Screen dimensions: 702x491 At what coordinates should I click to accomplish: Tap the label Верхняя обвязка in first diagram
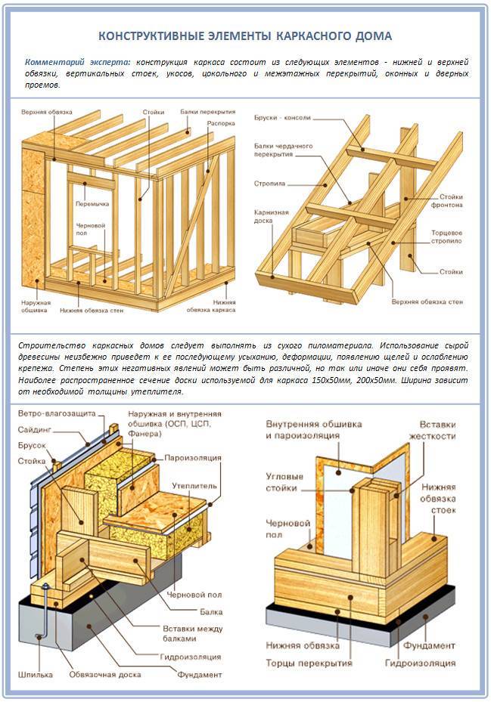47,112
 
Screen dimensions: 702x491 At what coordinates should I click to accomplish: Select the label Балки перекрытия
207,111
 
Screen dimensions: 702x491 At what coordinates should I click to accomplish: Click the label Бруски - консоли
284,118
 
